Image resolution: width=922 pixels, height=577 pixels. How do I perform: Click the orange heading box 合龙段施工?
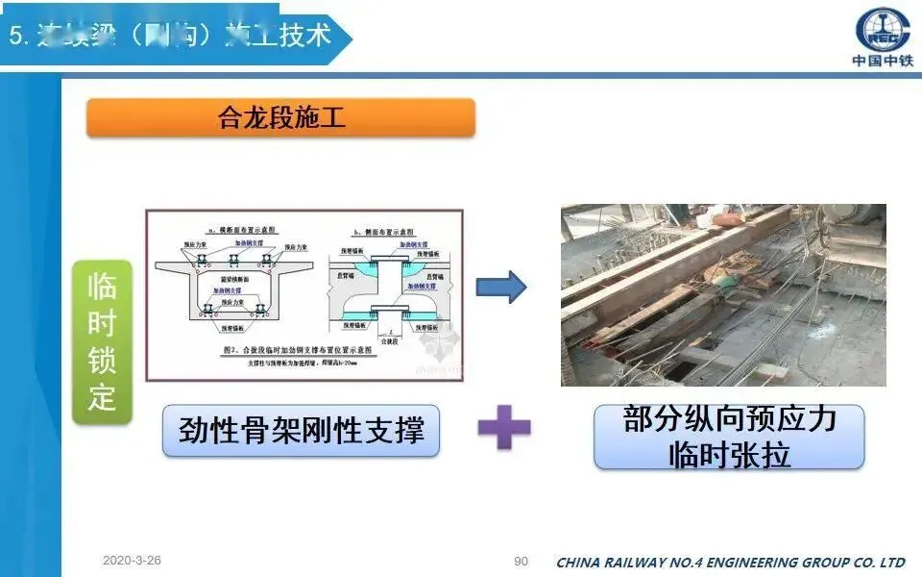(x=280, y=118)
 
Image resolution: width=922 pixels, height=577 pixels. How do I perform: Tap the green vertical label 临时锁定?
(x=101, y=341)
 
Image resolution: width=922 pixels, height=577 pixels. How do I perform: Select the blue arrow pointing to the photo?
(x=501, y=286)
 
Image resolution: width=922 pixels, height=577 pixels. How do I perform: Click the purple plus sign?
(x=504, y=429)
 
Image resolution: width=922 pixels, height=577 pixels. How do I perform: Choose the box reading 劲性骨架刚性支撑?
(x=301, y=430)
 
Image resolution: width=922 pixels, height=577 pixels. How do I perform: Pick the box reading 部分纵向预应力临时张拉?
(x=729, y=437)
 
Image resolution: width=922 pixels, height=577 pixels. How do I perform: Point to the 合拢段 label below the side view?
(x=388, y=339)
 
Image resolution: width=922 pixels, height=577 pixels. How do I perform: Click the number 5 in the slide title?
(x=15, y=38)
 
